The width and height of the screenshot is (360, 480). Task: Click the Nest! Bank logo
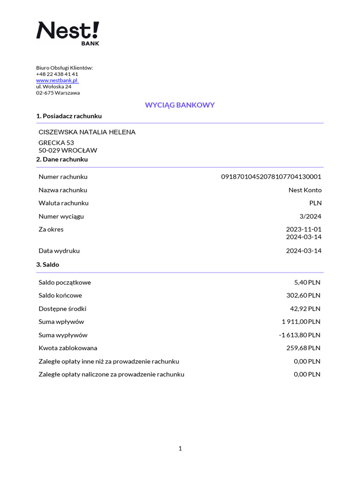click(68, 32)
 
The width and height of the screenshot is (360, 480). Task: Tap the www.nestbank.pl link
click(57, 80)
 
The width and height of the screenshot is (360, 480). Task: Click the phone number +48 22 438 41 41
click(57, 74)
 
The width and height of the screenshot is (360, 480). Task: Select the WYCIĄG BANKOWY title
click(180, 105)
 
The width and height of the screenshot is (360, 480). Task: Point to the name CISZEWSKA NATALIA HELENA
click(87, 132)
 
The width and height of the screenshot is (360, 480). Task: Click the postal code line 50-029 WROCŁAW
click(68, 150)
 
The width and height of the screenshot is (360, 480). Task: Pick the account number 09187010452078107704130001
click(271, 177)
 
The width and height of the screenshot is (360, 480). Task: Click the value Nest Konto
click(305, 190)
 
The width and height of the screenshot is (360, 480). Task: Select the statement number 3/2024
click(310, 216)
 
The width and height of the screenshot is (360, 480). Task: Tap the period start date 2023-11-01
click(304, 229)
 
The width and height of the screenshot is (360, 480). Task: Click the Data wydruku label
click(59, 251)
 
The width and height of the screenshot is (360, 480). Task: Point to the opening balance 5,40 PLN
click(307, 282)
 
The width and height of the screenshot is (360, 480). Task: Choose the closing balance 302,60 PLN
click(303, 295)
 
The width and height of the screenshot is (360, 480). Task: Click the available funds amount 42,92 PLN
click(305, 308)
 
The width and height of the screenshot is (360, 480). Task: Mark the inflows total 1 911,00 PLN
click(301, 322)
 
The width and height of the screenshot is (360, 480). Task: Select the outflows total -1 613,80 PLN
click(299, 335)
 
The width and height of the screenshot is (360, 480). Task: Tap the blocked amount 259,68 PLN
click(303, 348)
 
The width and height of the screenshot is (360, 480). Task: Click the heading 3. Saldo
click(48, 264)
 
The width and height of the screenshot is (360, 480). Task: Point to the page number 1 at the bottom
click(180, 449)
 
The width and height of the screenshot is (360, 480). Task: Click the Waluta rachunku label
click(63, 203)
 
